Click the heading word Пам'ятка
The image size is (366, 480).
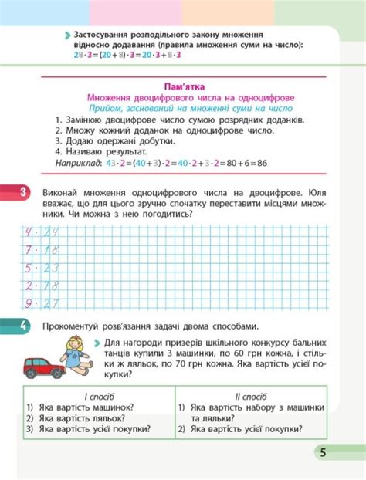182,86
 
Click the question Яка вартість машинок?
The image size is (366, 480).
85,407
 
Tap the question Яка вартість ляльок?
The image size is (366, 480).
80,417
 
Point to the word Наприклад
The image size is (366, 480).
79,164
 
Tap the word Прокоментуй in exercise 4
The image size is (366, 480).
74,326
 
